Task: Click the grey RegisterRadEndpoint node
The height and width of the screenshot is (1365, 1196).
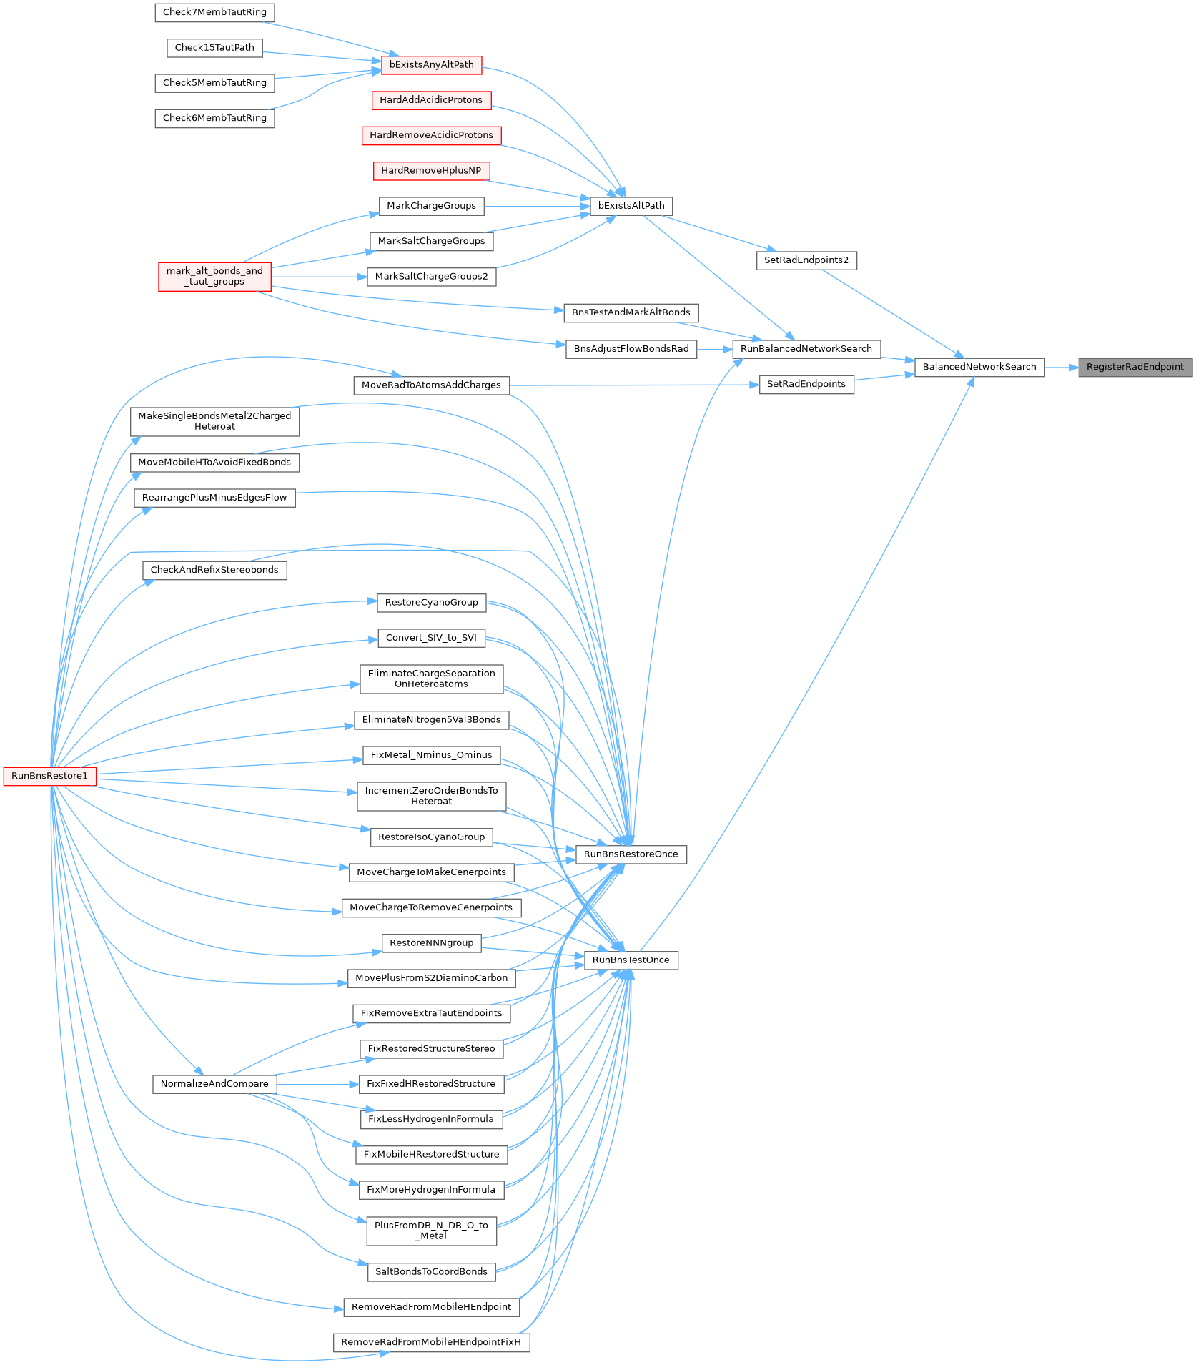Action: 1135,368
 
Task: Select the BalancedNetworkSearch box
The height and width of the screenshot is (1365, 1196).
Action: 979,368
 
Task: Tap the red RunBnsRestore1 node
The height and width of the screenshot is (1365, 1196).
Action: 50,776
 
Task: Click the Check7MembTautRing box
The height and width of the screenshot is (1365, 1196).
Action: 214,12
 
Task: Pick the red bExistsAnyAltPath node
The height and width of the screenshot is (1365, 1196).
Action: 432,65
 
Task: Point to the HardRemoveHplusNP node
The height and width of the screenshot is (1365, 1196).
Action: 432,171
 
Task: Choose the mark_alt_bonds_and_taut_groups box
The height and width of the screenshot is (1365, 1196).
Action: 214,276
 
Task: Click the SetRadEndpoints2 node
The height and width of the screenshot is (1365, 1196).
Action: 806,260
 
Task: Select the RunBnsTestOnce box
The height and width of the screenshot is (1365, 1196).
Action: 631,960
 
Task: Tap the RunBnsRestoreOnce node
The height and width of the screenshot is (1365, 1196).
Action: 631,854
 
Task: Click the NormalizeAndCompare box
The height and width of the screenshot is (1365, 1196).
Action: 214,1084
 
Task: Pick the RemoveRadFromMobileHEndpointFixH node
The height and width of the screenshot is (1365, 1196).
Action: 432,1342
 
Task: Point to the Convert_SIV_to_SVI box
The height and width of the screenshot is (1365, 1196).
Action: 432,638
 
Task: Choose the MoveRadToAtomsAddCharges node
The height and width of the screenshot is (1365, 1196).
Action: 432,385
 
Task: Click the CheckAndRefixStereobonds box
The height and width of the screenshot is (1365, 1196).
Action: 214,571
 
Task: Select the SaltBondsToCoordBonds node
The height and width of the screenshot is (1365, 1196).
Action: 432,1272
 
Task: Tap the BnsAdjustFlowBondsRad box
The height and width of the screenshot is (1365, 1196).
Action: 631,349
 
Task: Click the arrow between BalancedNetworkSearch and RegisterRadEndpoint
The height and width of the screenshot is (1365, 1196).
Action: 1062,368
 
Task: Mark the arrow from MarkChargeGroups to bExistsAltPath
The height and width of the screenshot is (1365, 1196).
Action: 537,207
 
